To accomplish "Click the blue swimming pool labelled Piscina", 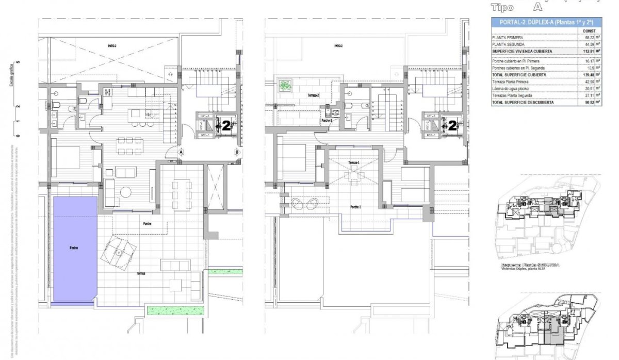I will pos(75,249).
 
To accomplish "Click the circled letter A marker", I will pos(182,152).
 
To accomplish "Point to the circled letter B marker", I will pos(237,152).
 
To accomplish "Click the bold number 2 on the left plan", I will pos(225,124).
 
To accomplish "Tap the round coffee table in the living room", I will pos(127,192).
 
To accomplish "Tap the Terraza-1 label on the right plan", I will pos(353,163).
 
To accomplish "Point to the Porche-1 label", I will pos(355,207).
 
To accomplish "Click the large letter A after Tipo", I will pos(537,7).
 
